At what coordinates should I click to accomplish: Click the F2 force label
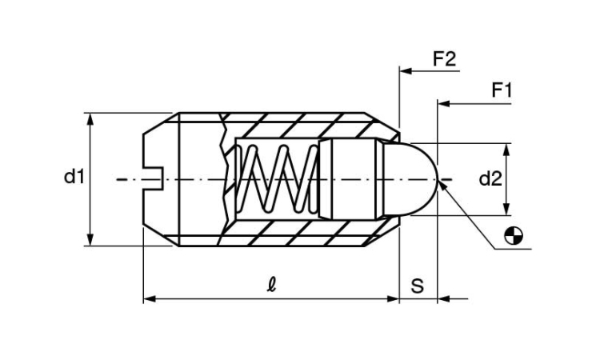pyautogui.click(x=445, y=59)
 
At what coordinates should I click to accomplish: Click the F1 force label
pyautogui.click(x=502, y=90)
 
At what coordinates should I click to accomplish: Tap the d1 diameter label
pyautogui.click(x=74, y=177)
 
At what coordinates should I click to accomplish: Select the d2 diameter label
pyautogui.click(x=490, y=178)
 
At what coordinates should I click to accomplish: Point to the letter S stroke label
pyautogui.click(x=418, y=286)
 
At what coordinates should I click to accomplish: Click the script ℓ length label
pyautogui.click(x=271, y=285)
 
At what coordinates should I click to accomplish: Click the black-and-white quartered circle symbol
pyautogui.click(x=514, y=236)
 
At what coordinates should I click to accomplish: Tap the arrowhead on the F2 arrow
pyautogui.click(x=406, y=71)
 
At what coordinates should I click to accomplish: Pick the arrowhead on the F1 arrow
pyautogui.click(x=443, y=104)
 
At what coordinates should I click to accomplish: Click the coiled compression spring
pyautogui.click(x=278, y=178)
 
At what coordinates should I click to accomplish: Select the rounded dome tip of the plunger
pyautogui.click(x=411, y=179)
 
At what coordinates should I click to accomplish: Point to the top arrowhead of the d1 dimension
pyautogui.click(x=90, y=119)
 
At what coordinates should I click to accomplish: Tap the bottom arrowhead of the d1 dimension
pyautogui.click(x=90, y=239)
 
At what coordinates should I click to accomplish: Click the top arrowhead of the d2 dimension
pyautogui.click(x=506, y=150)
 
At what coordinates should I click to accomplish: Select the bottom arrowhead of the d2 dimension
pyautogui.click(x=506, y=210)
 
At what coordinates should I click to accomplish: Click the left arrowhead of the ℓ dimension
pyautogui.click(x=150, y=298)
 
